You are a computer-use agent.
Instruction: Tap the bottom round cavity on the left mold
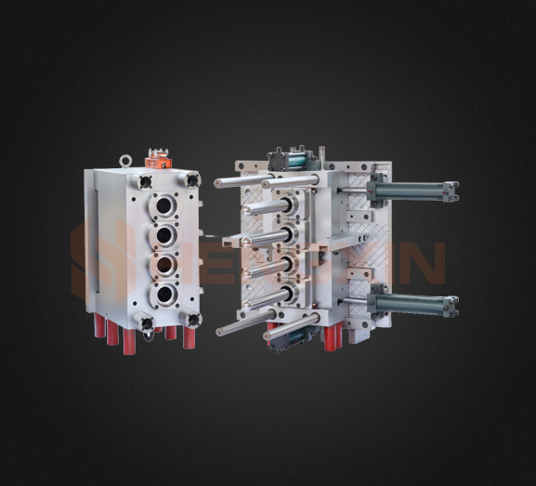point(164,296)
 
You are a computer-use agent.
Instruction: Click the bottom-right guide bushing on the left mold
point(192,320)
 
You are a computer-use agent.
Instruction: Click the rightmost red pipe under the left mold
point(190,337)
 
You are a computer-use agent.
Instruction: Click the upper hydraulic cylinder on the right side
point(412,193)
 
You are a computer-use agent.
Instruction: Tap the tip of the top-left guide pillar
point(219,183)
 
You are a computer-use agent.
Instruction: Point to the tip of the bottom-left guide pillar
point(223,331)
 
